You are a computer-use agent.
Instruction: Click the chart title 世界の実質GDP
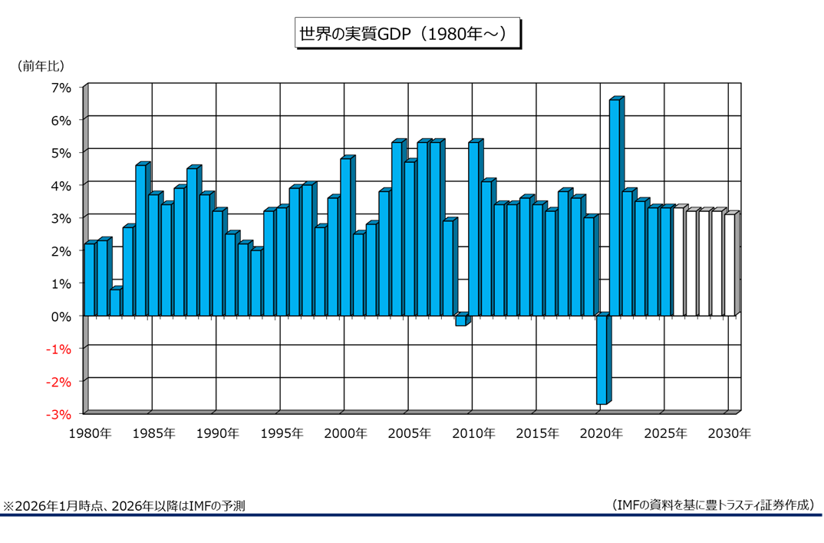point(406,34)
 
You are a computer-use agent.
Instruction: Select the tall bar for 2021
point(614,207)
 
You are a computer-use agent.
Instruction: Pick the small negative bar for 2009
point(460,320)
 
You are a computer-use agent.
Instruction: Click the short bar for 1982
point(114,302)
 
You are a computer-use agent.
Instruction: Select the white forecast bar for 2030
point(729,265)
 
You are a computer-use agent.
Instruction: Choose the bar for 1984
point(140,240)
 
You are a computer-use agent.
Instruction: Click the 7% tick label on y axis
point(61,88)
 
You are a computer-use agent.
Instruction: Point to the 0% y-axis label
point(61,316)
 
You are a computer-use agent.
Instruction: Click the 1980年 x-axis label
point(90,433)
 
